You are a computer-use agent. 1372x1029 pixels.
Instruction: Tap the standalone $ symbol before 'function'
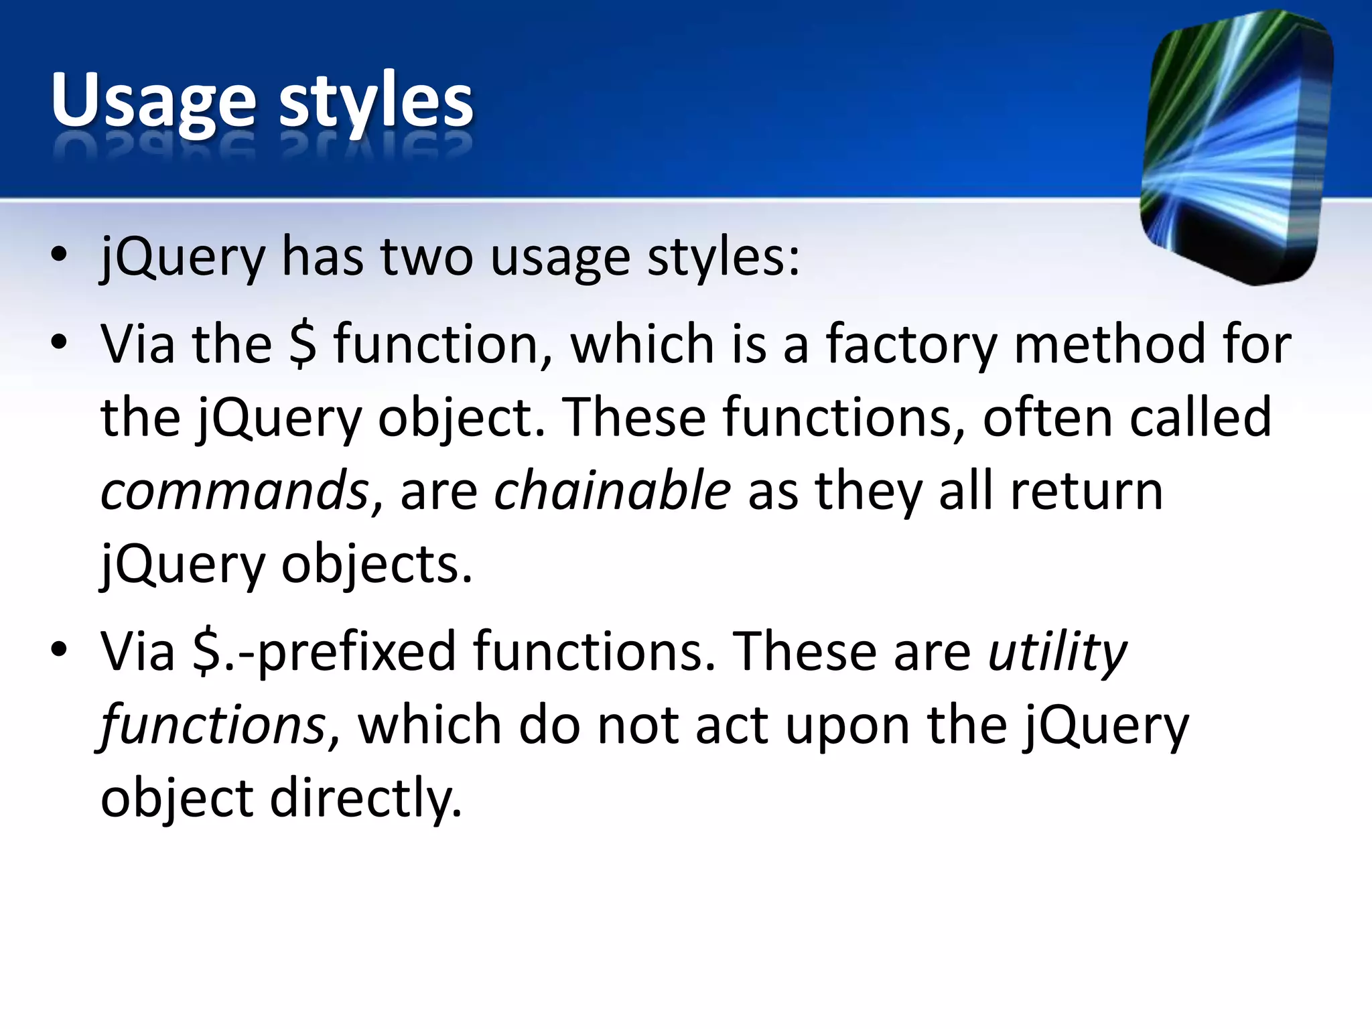[303, 344]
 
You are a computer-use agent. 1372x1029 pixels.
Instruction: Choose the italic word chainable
[612, 491]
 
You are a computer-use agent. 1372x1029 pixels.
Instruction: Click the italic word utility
[1058, 652]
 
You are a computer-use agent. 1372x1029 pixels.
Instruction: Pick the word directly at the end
[365, 799]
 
